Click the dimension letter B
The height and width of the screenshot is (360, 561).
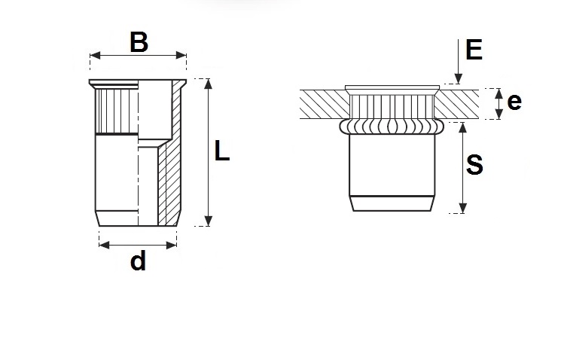tap(139, 41)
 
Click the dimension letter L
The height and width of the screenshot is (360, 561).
tap(221, 151)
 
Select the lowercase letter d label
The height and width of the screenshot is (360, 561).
tap(137, 261)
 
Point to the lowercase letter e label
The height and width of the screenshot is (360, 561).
tap(514, 102)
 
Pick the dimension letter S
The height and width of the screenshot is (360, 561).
tap(474, 166)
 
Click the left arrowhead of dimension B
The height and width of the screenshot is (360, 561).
tap(93, 55)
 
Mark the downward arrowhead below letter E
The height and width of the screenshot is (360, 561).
tap(457, 78)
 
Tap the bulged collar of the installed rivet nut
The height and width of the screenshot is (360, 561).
tap(392, 125)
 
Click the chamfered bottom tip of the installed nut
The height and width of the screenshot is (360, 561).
tap(392, 203)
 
